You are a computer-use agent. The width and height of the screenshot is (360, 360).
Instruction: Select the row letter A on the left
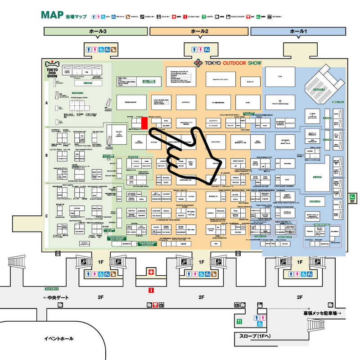point(46,103)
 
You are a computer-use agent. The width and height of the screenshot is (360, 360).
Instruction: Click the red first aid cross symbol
point(152,271)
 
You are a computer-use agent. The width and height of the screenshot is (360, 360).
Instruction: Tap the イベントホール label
point(58,338)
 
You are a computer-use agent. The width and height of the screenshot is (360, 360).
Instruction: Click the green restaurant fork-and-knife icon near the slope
point(239,321)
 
